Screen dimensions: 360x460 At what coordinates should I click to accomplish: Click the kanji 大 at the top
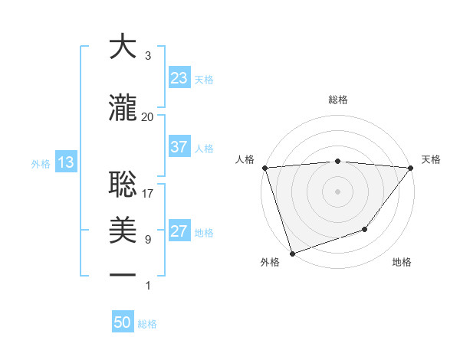tap(123, 47)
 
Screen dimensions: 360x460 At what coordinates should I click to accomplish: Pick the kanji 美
tap(123, 230)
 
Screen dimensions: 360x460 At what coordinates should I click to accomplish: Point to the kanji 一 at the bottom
tap(123, 275)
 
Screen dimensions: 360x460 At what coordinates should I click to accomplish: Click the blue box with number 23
tap(179, 78)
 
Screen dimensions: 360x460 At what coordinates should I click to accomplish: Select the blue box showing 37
tap(179, 147)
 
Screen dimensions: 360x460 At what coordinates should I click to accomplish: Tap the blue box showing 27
tap(179, 231)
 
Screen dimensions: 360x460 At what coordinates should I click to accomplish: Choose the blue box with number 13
tap(65, 162)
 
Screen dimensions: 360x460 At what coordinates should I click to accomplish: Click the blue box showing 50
tap(123, 322)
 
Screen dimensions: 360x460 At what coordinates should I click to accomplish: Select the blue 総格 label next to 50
tap(147, 324)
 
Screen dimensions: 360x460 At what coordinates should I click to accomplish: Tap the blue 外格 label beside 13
tap(40, 163)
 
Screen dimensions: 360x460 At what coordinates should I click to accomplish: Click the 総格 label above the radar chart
tap(337, 100)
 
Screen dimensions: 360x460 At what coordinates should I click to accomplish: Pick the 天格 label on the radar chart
tap(432, 159)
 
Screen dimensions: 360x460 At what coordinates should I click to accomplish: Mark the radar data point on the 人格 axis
tap(264, 168)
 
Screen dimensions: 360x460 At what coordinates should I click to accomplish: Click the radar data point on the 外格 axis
tap(292, 254)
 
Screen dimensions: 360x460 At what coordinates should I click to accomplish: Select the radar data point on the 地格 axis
tap(366, 229)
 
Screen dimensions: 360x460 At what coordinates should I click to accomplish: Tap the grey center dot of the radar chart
tap(337, 191)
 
